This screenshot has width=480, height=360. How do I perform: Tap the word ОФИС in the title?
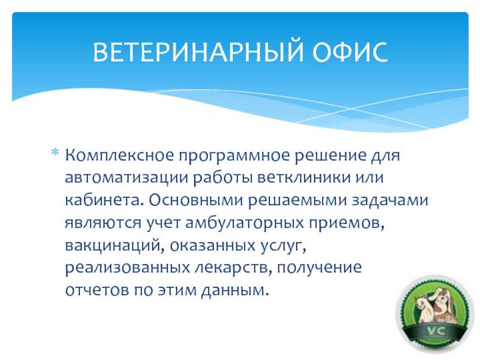[350, 52]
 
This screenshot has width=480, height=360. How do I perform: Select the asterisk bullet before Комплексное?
[55, 152]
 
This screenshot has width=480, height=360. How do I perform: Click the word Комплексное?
[119, 155]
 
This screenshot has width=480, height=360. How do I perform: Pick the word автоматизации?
[127, 178]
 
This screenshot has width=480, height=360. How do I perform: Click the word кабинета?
[104, 200]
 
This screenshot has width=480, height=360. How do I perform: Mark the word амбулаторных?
[245, 223]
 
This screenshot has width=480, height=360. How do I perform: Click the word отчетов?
[97, 290]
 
